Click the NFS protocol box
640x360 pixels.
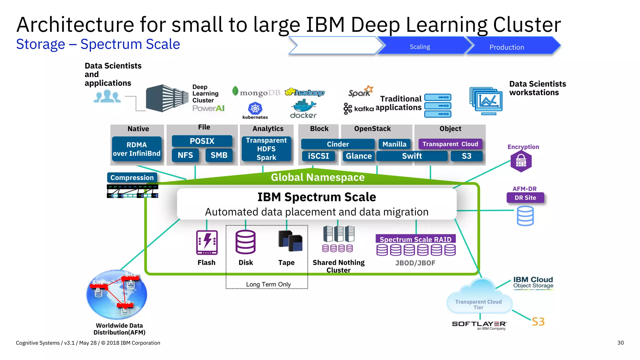click(185, 155)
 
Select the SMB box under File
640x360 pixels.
click(219, 155)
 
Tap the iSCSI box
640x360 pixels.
click(318, 156)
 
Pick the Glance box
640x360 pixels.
click(358, 156)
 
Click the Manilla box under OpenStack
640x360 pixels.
click(394, 144)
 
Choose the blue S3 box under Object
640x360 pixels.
click(466, 156)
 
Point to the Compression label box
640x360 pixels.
click(132, 177)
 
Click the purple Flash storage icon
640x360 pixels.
click(207, 242)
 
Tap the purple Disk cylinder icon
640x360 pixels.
click(246, 242)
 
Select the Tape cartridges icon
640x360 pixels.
click(290, 241)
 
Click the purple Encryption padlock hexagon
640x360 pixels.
click(521, 161)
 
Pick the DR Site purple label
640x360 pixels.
click(525, 198)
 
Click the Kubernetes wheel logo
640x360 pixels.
click(255, 108)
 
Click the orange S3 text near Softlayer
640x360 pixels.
click(538, 322)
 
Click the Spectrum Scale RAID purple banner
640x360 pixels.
click(415, 239)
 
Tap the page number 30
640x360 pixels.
click(620, 343)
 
